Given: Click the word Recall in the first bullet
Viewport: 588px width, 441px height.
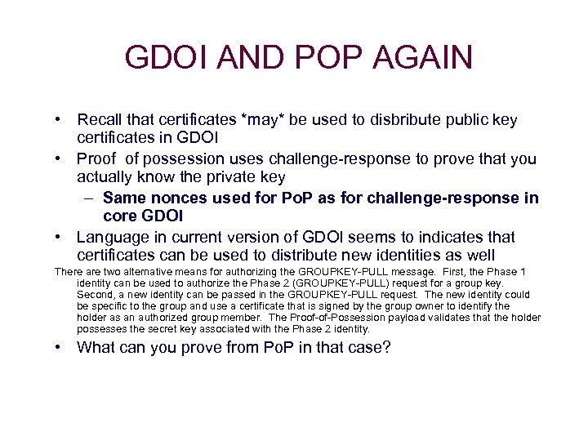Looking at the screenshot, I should [x=100, y=120].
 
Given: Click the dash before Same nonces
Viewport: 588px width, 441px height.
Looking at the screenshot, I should [x=89, y=198].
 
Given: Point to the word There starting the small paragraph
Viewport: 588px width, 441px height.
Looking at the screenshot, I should [x=69, y=272].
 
